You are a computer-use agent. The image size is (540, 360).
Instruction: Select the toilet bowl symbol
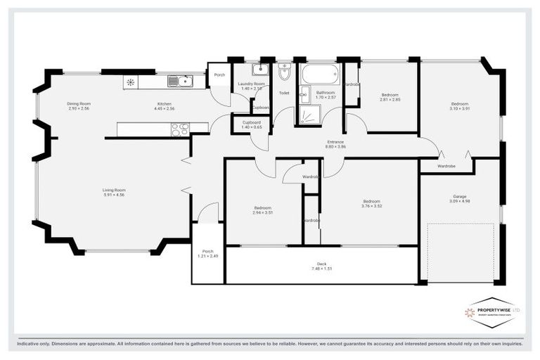[x=284, y=72]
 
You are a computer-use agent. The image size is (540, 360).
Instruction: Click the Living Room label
[x=114, y=190]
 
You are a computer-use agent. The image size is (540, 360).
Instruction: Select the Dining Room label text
[x=79, y=103]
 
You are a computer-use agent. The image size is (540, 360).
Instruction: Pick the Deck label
[x=322, y=264]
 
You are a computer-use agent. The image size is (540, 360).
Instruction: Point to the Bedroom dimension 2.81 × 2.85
[x=390, y=100]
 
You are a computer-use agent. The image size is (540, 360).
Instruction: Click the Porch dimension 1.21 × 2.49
[x=207, y=256]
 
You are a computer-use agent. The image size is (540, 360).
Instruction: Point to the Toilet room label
[x=284, y=93]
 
